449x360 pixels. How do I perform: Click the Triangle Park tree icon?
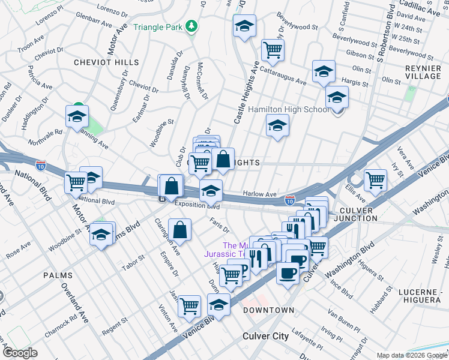point(191,26)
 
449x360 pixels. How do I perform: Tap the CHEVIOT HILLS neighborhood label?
point(106,62)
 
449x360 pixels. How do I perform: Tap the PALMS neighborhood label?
point(58,275)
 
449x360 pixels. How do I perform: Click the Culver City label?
point(265,336)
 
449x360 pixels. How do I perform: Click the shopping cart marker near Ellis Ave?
point(375,179)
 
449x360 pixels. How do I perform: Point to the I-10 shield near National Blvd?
point(41,164)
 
